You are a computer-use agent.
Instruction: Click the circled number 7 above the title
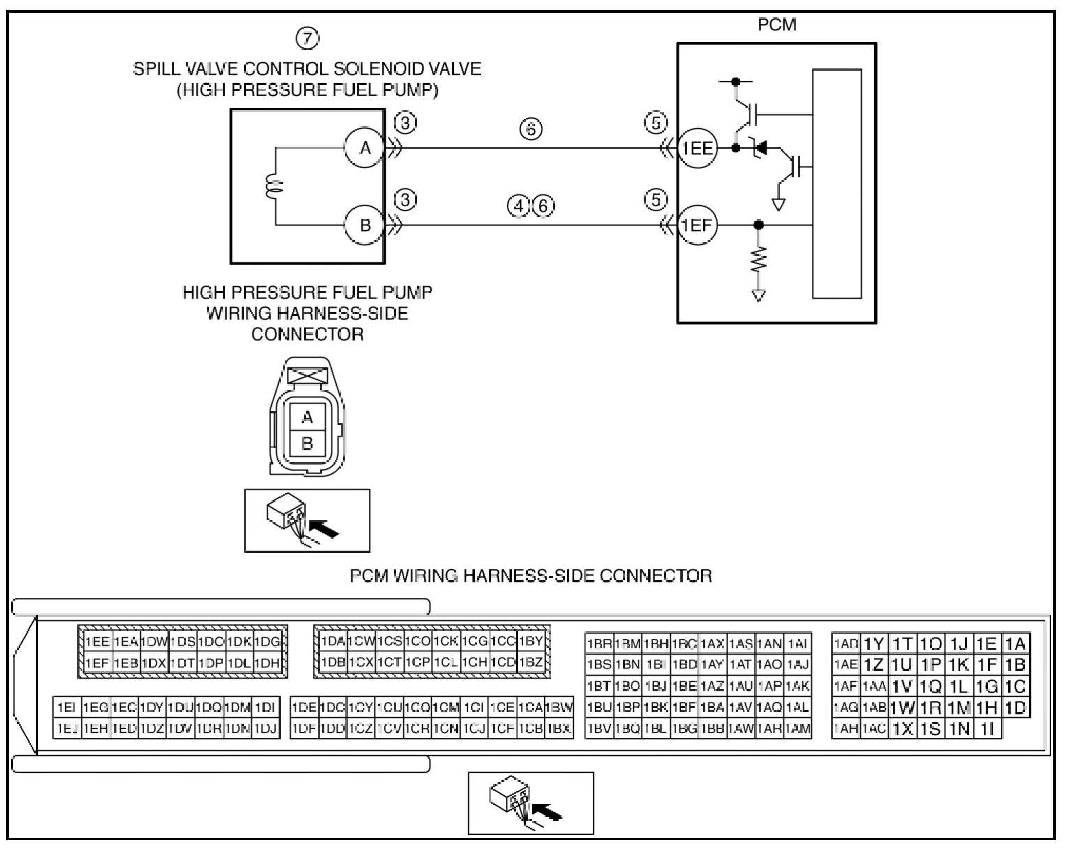coord(307,38)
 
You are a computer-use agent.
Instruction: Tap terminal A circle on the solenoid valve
coord(365,147)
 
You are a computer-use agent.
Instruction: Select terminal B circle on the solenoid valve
coord(365,225)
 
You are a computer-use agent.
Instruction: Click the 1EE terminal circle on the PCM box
coord(697,147)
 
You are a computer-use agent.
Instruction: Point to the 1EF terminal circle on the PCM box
coord(697,225)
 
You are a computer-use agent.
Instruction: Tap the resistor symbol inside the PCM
coord(758,260)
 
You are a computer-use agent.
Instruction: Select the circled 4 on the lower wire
coord(519,205)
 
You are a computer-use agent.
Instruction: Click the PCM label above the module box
coord(777,24)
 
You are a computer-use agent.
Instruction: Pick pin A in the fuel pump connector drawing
coord(307,417)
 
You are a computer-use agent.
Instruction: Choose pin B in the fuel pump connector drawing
coord(307,443)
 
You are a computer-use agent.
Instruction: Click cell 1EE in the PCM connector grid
coord(97,642)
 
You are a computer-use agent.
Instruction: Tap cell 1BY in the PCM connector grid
coord(531,641)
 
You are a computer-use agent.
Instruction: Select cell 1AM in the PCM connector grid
coord(798,728)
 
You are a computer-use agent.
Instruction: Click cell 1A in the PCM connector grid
coord(1015,643)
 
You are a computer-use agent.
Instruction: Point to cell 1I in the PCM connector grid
coord(988,729)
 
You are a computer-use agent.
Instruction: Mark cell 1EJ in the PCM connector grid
coord(67,729)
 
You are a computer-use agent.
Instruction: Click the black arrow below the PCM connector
coord(549,812)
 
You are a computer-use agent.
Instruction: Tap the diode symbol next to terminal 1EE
coord(759,147)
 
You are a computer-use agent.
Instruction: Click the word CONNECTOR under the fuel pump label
coord(307,335)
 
